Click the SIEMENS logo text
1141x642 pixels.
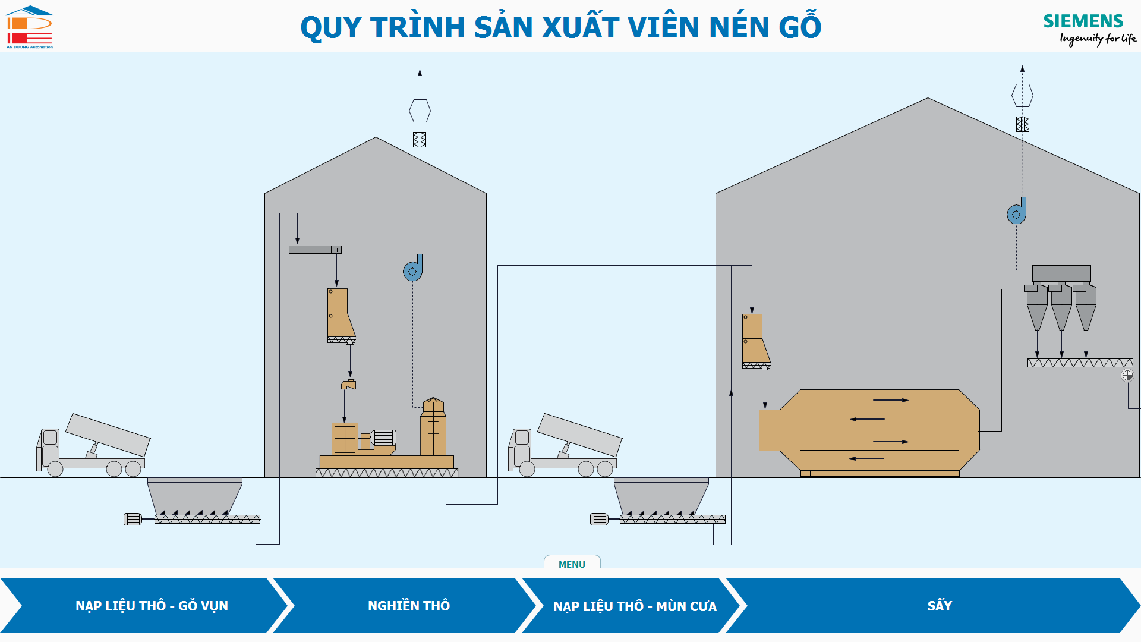[1083, 21]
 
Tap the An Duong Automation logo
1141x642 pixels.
[29, 27]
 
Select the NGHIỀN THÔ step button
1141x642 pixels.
[408, 606]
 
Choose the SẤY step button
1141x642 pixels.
[939, 606]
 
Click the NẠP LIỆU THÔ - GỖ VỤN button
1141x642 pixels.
[152, 606]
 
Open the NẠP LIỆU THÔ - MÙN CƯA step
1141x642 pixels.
[634, 606]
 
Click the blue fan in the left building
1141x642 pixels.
[413, 269]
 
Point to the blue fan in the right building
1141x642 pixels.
[1017, 212]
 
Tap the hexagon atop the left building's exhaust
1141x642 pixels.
[420, 111]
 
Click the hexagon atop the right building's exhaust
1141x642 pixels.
[1022, 95]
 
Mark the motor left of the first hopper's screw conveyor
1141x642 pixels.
[133, 519]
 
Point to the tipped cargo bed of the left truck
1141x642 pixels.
[108, 435]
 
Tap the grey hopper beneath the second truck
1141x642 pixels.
[661, 496]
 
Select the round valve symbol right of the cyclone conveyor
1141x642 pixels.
[1127, 375]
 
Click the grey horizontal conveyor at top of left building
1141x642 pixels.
[315, 250]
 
